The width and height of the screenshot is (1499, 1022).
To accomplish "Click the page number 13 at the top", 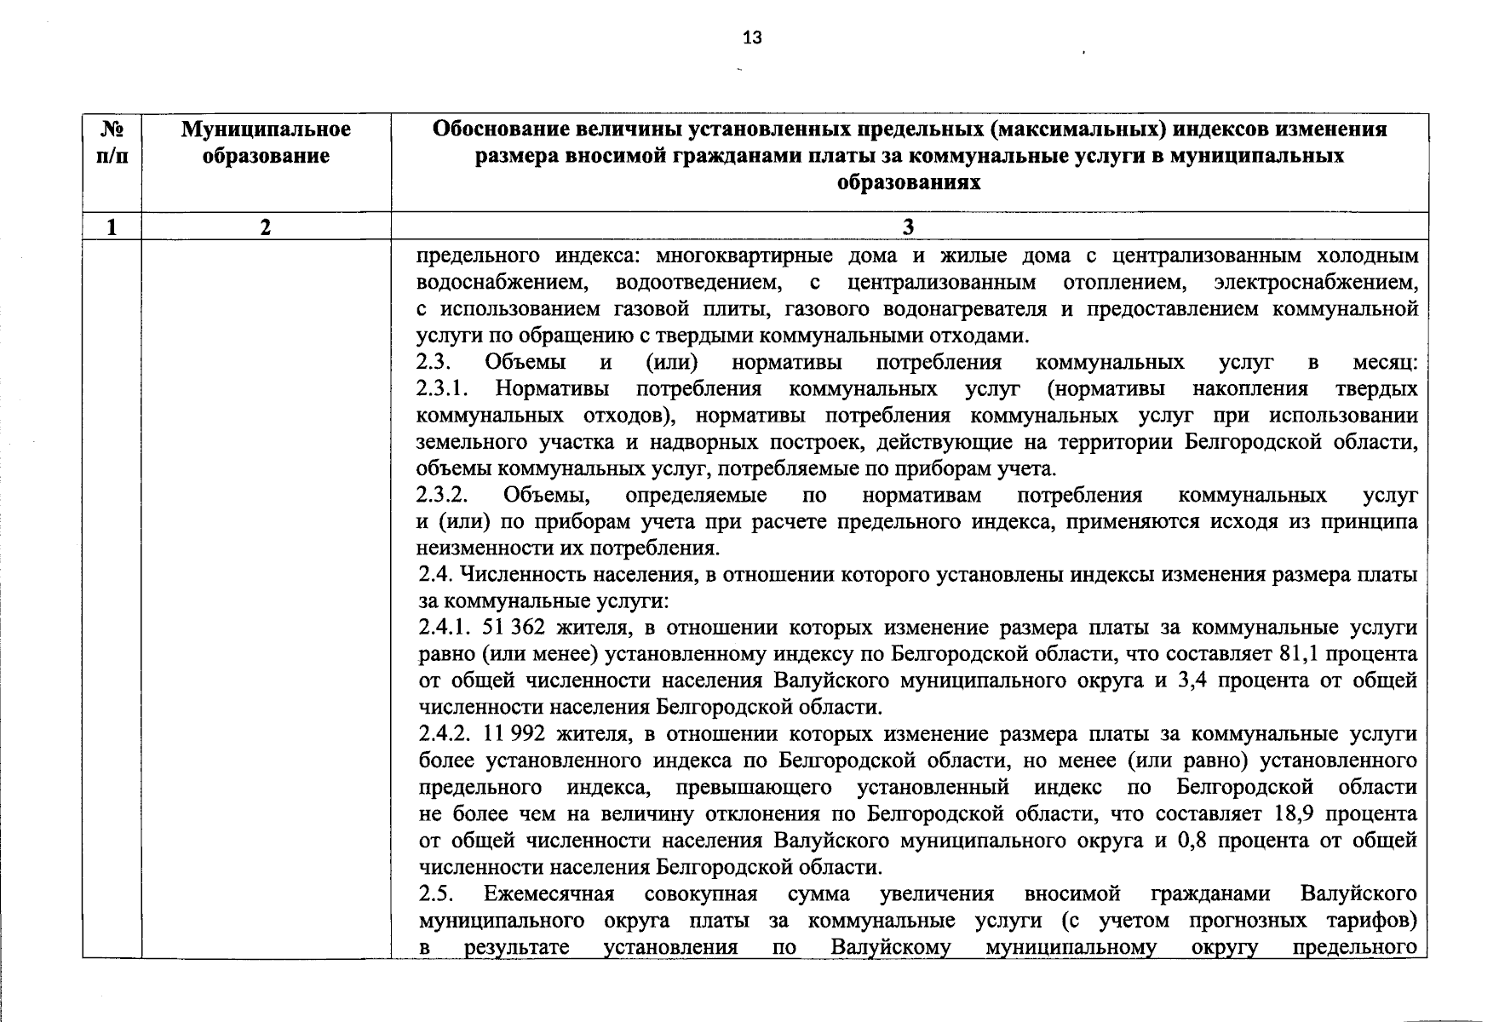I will (752, 37).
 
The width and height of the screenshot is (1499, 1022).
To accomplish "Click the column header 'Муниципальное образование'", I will (266, 142).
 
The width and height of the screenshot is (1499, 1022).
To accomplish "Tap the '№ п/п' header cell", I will (112, 142).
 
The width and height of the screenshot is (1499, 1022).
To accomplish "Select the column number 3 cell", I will (908, 227).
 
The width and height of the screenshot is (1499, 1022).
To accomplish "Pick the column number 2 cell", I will (266, 227).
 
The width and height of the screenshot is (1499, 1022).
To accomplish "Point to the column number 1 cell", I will (112, 227).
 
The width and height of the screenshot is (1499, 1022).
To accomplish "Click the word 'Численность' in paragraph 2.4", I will (515, 575).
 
